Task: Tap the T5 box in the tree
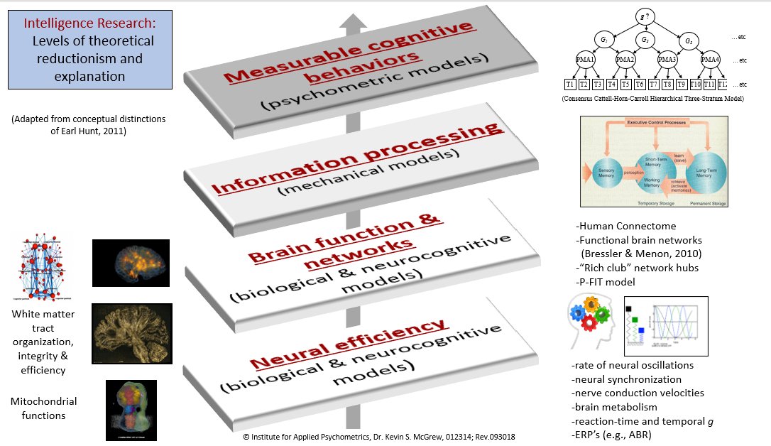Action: (625, 85)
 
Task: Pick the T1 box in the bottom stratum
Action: (570, 85)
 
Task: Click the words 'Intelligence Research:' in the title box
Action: (89, 23)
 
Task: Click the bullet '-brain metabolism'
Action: (614, 407)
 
